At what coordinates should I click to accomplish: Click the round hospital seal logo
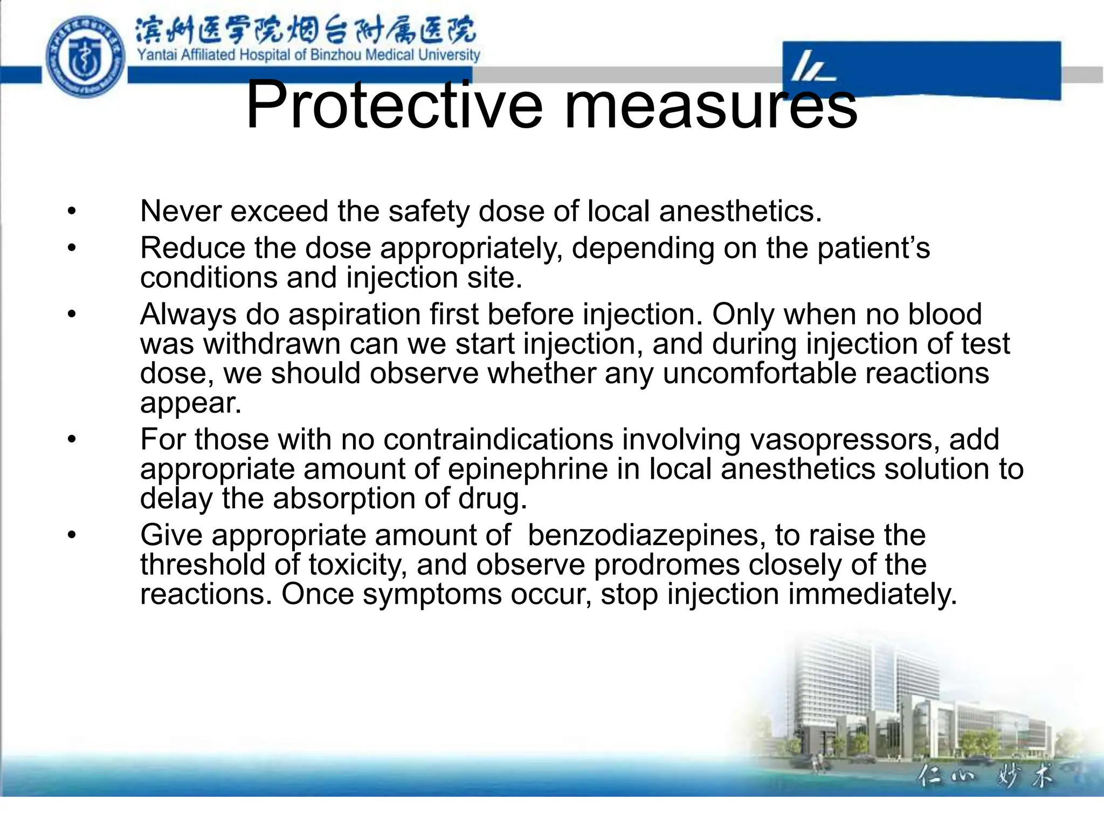point(85,57)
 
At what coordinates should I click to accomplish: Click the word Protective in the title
point(394,105)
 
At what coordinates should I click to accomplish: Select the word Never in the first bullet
point(180,211)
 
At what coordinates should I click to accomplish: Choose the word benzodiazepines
point(646,535)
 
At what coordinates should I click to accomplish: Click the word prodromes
point(666,565)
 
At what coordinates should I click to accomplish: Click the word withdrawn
point(272,344)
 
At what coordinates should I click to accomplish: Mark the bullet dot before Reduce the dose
point(72,249)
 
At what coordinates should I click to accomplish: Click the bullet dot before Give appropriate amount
point(72,536)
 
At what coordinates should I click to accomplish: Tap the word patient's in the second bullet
point(873,249)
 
